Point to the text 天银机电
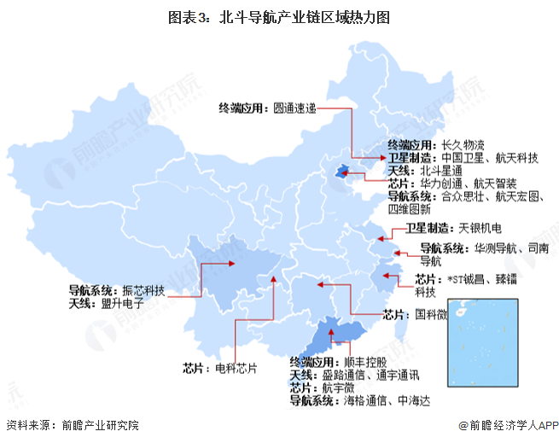[480, 228]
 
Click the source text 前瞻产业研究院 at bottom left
[99, 425]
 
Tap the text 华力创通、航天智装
[464, 184]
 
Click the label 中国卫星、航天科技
[491, 158]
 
